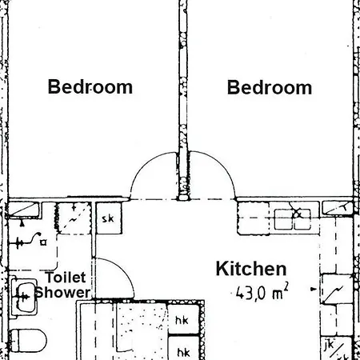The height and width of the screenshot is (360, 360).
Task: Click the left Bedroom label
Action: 90,86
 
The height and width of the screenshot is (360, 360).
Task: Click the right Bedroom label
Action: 270,87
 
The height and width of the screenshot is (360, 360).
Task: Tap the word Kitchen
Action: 251,269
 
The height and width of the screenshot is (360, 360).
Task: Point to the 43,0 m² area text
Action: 262,292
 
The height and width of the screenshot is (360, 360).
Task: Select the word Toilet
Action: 66,278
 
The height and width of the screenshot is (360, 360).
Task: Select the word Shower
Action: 63,292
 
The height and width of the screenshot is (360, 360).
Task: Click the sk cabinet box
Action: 109,218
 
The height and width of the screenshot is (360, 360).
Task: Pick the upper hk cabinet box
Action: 183,319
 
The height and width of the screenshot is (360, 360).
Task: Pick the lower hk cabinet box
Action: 183,348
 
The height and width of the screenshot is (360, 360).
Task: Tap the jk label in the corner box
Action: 329,345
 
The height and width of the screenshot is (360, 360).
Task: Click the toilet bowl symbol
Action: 27,341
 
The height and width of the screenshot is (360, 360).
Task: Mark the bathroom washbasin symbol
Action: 24,297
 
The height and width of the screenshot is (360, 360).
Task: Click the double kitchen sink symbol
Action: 293,219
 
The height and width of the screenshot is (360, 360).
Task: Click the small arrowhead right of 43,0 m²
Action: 314,289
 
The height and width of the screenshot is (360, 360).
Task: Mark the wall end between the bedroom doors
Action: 183,197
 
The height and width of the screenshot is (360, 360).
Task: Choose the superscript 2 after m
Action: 286,286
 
